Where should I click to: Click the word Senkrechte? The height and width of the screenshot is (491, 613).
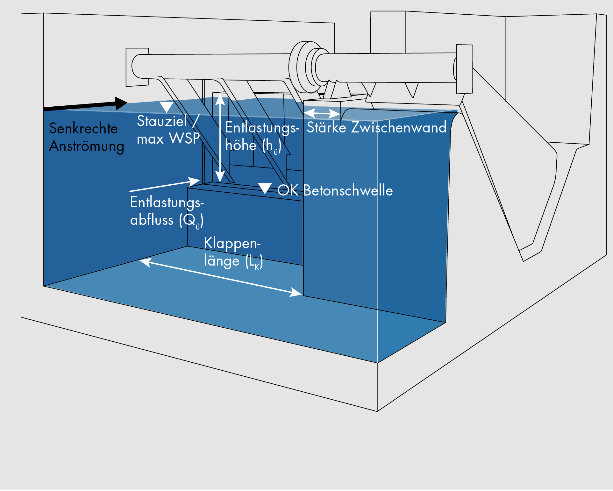(x=83, y=129)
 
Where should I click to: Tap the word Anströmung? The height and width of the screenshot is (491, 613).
(x=87, y=146)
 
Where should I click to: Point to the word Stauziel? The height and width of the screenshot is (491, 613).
(x=162, y=121)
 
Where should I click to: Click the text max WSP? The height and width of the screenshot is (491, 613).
(x=168, y=139)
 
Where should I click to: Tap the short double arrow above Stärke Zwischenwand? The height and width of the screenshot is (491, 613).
(x=322, y=113)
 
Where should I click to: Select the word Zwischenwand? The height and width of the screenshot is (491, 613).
(x=399, y=127)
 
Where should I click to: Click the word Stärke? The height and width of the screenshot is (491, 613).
(x=326, y=127)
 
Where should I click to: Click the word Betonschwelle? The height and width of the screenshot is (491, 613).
(x=348, y=190)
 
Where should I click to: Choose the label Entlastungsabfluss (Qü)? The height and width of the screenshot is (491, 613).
(x=167, y=211)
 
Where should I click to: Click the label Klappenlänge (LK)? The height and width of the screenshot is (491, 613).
(x=233, y=252)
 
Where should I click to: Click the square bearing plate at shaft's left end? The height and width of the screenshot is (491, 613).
(x=137, y=67)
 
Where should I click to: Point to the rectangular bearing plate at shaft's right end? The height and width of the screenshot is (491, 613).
(x=464, y=69)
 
